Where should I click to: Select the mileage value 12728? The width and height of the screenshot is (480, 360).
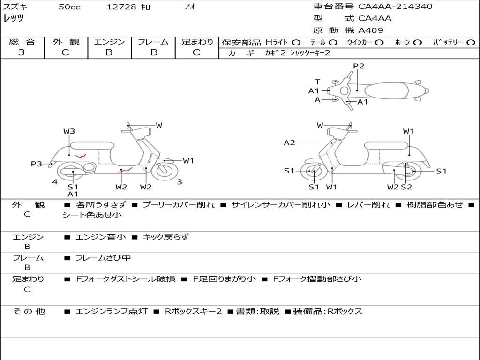[x=121, y=7]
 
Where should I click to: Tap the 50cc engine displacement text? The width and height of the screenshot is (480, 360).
[x=69, y=7]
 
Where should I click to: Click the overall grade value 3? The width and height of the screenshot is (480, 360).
[x=22, y=52]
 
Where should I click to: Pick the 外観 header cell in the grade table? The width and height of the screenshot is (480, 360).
[x=66, y=42]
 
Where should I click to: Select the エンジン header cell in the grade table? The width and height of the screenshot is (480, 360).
[x=109, y=42]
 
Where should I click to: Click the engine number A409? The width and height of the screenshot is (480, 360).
[x=371, y=31]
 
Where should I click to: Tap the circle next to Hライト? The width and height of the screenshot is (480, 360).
[x=296, y=43]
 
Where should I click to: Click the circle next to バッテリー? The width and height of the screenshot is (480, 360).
[x=470, y=43]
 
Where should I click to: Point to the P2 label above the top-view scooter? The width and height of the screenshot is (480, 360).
[x=359, y=66]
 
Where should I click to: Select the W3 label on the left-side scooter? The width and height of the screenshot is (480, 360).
[x=69, y=131]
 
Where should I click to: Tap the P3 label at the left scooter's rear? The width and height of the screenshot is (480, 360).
[x=36, y=164]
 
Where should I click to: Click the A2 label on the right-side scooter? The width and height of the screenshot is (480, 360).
[x=289, y=143]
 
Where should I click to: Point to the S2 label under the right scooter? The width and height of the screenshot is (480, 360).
[x=406, y=187]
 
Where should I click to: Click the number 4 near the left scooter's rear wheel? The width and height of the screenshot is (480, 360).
[x=55, y=182]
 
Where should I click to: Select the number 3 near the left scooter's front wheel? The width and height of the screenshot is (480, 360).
[x=180, y=182]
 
